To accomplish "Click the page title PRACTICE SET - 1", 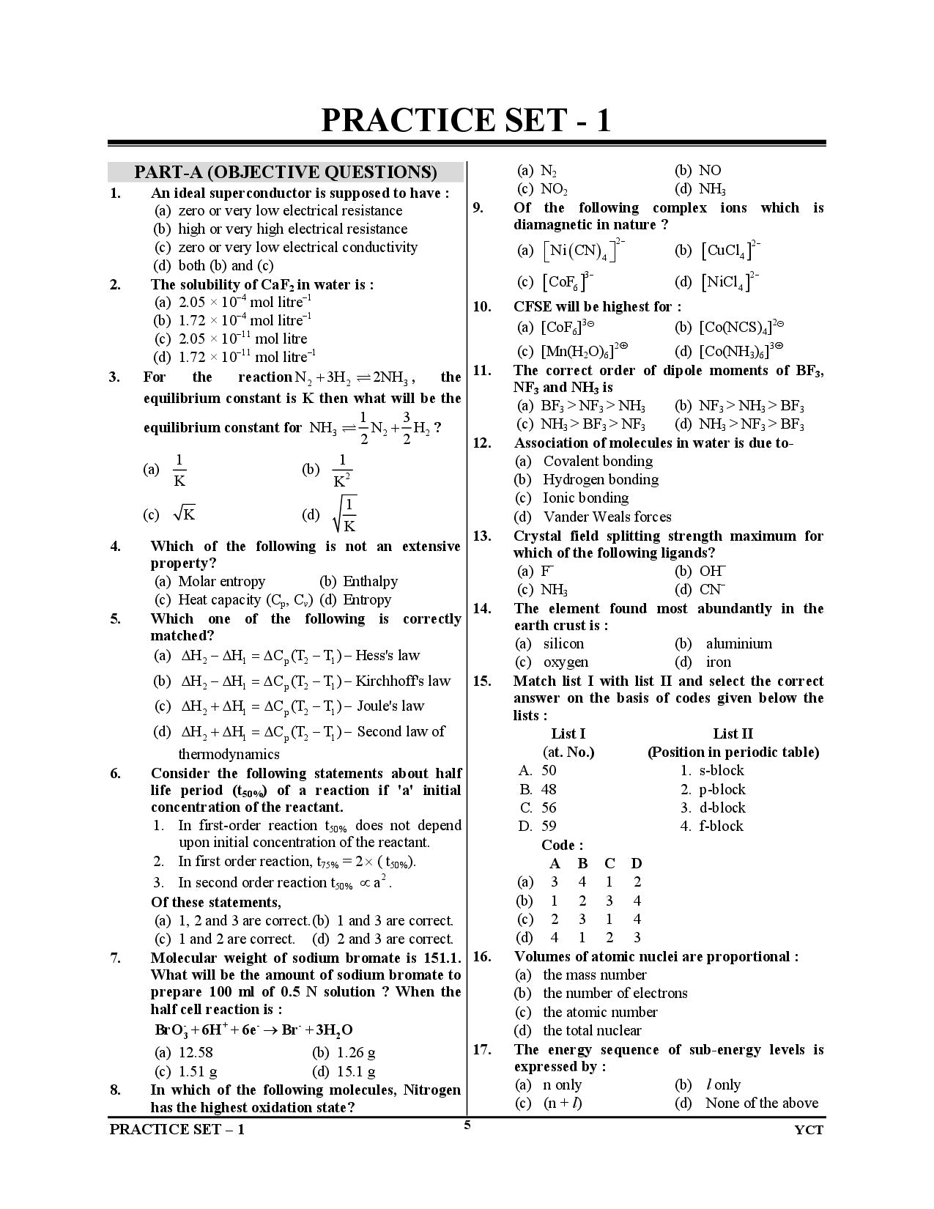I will coord(466,120).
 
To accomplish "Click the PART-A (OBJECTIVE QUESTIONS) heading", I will coord(285,172).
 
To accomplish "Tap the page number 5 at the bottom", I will coord(467,1125).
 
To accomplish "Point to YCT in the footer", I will coord(809,1130).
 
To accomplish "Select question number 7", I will coord(116,958).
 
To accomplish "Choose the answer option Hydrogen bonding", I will coord(600,479).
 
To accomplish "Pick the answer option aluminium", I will coord(738,643).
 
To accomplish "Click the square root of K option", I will coord(184,514).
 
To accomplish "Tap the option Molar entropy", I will coord(221,581).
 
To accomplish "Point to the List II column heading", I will coord(733,733).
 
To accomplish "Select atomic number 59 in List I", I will coord(549,826).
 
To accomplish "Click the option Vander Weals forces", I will coord(607,517).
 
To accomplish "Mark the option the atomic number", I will coord(600,1012).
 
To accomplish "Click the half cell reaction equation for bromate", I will coord(253,1029).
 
